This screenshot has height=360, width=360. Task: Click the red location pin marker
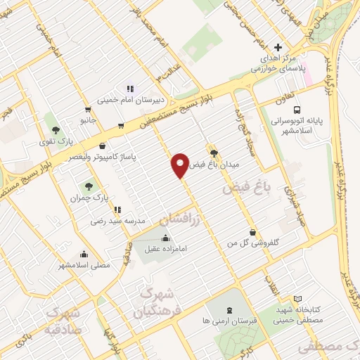tap(180, 165)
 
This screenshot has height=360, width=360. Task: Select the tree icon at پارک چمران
tap(89, 186)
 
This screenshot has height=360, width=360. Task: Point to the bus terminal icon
tap(298, 110)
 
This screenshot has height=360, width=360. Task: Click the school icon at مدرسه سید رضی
tap(117, 210)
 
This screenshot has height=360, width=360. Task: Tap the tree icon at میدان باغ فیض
tap(214, 153)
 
